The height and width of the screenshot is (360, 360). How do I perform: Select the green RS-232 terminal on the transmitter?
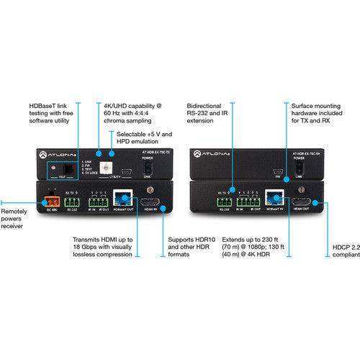tap(71, 203)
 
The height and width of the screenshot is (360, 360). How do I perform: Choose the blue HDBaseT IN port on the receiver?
tap(275, 202)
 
